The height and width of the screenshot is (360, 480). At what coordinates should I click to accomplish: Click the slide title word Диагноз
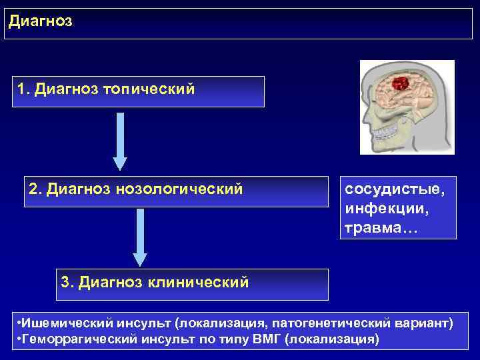40,21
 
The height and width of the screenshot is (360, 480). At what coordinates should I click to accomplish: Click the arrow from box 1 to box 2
119,141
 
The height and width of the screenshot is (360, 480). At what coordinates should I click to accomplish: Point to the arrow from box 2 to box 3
139,237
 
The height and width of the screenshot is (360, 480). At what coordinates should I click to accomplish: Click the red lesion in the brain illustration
399,84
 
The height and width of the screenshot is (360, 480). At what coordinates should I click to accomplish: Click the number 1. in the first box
25,89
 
